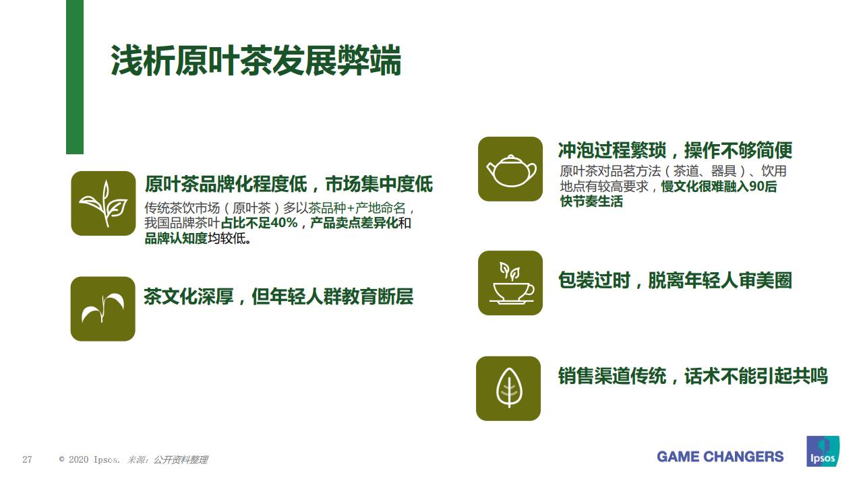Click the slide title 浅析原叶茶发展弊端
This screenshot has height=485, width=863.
pyautogui.click(x=256, y=61)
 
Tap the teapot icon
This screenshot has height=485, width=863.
pyautogui.click(x=510, y=169)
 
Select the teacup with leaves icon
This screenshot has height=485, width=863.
pyautogui.click(x=510, y=283)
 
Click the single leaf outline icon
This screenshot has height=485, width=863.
pyautogui.click(x=508, y=389)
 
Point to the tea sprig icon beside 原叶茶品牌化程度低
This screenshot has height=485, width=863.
pyautogui.click(x=103, y=203)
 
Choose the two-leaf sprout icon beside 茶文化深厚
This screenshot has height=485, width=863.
pyautogui.click(x=102, y=309)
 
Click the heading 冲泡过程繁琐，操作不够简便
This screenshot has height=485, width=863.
pyautogui.click(x=675, y=150)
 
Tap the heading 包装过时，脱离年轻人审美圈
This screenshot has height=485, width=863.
pyautogui.click(x=674, y=280)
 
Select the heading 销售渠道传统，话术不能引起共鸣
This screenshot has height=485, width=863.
pyautogui.click(x=692, y=376)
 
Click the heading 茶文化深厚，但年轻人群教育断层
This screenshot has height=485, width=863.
pyautogui.click(x=278, y=296)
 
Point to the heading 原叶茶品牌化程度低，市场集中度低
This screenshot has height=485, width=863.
pyautogui.click(x=289, y=183)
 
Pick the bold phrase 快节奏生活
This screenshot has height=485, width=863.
pyautogui.click(x=591, y=201)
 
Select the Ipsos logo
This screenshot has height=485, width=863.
pyautogui.click(x=823, y=451)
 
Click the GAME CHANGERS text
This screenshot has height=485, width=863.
pyautogui.click(x=720, y=457)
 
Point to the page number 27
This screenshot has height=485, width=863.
pyautogui.click(x=28, y=459)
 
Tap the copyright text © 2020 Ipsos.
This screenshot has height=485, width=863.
pyautogui.click(x=90, y=459)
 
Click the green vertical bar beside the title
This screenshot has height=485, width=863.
pyautogui.click(x=75, y=77)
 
